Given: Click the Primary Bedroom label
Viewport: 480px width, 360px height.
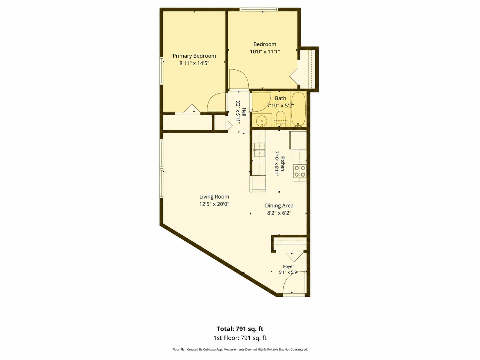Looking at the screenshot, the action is pyautogui.click(x=194, y=56).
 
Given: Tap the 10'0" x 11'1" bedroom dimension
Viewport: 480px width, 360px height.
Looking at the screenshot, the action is pyautogui.click(x=265, y=52).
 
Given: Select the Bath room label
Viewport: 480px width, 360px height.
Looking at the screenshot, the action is pyautogui.click(x=280, y=98).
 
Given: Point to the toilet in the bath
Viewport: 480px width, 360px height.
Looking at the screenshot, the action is pyautogui.click(x=280, y=119).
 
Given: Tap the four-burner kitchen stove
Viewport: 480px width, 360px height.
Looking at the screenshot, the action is pyautogui.click(x=300, y=171).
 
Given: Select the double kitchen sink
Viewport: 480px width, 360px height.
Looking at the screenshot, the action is pyautogui.click(x=259, y=150).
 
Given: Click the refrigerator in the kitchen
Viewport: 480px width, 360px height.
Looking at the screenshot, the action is pyautogui.click(x=298, y=140).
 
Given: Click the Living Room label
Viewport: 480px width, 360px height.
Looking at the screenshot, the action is pyautogui.click(x=214, y=197).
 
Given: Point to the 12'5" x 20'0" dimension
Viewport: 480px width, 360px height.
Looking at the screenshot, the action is pyautogui.click(x=214, y=204).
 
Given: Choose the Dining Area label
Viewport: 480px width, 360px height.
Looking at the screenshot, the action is pyautogui.click(x=279, y=206).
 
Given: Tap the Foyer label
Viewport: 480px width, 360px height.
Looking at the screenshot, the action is pyautogui.click(x=288, y=267).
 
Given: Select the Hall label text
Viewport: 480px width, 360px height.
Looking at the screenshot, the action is pyautogui.click(x=244, y=112).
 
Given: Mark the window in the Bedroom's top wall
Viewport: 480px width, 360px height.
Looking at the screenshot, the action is pyautogui.click(x=259, y=9).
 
